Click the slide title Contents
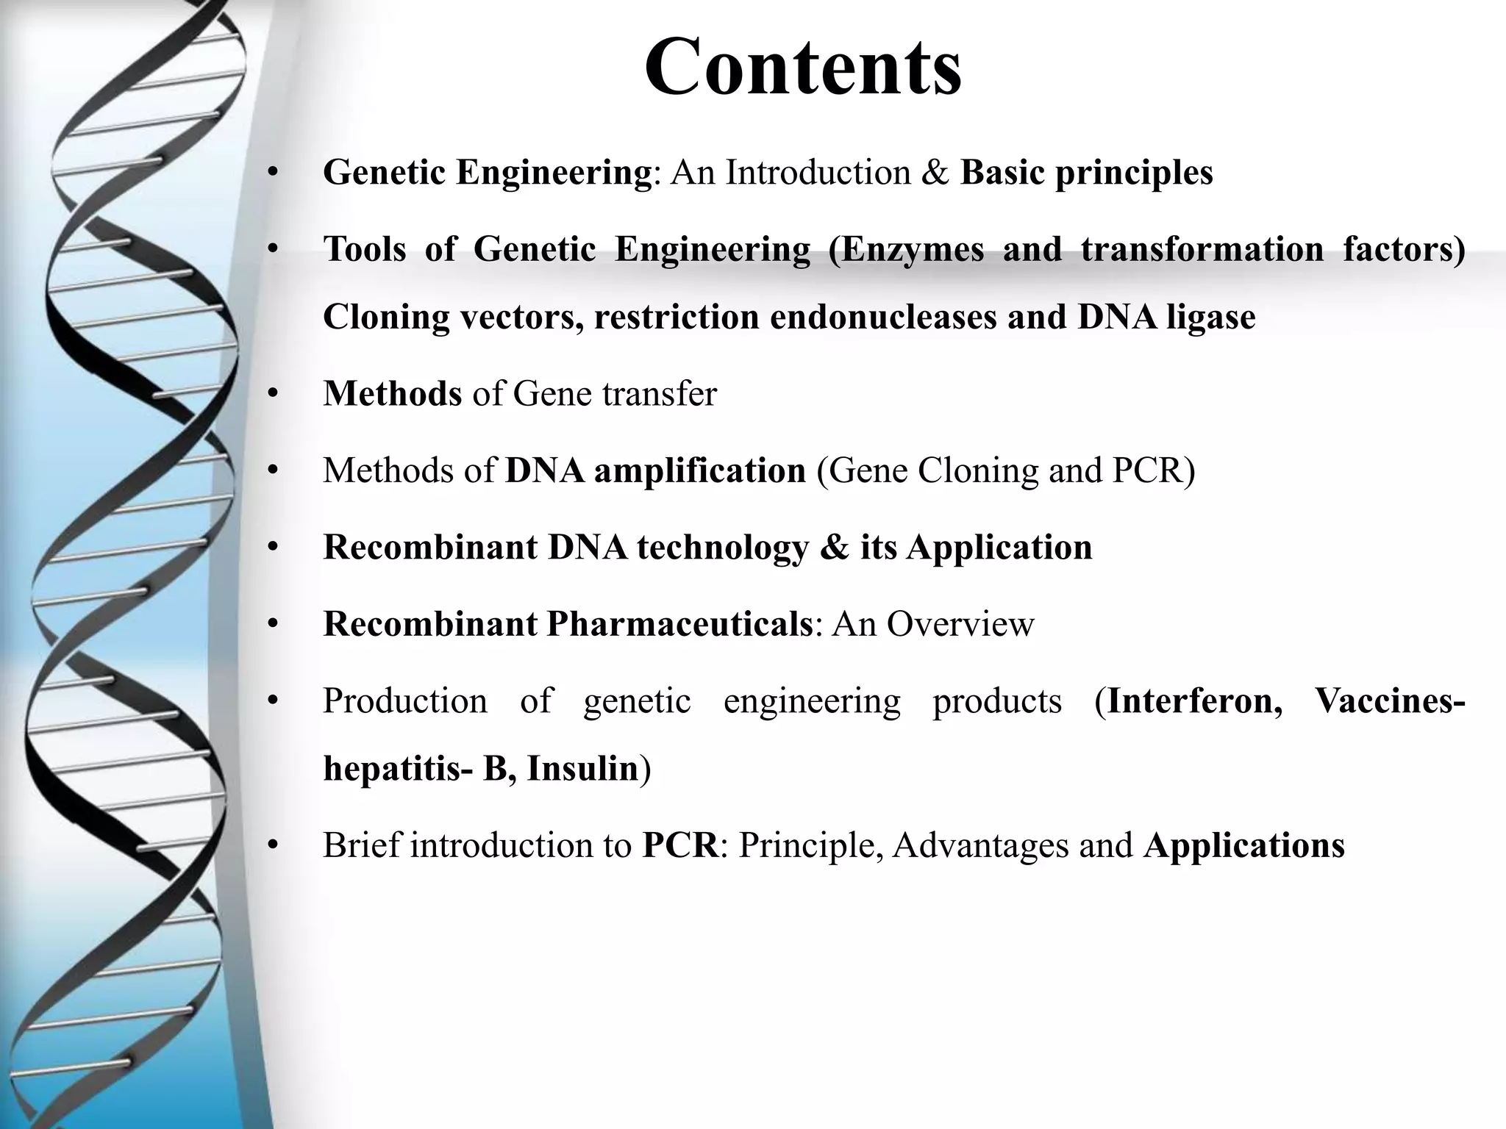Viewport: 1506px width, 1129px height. pyautogui.click(x=803, y=68)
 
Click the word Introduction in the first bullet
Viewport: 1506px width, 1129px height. pyautogui.click(x=818, y=173)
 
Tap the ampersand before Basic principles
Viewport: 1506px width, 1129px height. pyautogui.click(x=935, y=173)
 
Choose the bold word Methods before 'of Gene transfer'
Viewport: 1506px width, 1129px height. pyautogui.click(x=392, y=393)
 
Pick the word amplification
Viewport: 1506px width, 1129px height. pyautogui.click(x=699, y=470)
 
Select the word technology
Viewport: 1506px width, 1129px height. pyautogui.click(x=722, y=548)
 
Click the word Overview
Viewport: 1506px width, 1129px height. pyautogui.click(x=960, y=624)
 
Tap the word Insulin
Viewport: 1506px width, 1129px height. pyautogui.click(x=582, y=769)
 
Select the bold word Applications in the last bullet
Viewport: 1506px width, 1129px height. pyautogui.click(x=1244, y=845)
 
